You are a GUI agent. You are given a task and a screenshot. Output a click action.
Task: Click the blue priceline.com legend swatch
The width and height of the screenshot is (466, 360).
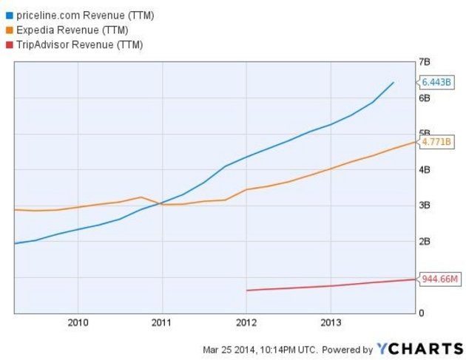coord(8,15)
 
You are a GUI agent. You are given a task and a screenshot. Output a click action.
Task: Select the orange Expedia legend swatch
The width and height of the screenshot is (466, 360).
coord(8,30)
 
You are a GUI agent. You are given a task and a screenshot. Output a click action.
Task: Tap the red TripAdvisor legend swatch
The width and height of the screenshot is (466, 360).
coord(8,44)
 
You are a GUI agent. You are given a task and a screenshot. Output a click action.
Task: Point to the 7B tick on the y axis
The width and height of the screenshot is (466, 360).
coord(425,62)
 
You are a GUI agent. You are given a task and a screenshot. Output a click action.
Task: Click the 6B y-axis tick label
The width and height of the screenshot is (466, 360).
coord(425,98)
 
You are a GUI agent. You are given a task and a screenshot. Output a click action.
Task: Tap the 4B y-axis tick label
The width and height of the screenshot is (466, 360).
coord(425,170)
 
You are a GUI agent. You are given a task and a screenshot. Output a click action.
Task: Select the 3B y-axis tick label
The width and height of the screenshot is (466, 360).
coord(425,206)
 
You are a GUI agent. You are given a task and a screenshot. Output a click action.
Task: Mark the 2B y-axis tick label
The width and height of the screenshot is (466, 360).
coord(425,242)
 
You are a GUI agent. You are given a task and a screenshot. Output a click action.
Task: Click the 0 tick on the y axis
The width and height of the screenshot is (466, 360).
coord(422,313)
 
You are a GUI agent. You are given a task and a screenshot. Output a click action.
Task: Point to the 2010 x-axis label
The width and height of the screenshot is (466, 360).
coord(78,323)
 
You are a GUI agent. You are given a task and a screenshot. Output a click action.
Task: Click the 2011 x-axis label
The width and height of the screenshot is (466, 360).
coord(162,323)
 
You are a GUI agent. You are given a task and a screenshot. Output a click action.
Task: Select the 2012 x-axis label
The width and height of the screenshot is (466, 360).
coord(246,323)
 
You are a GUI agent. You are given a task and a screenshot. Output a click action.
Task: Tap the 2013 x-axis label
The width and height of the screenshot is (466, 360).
coord(331,323)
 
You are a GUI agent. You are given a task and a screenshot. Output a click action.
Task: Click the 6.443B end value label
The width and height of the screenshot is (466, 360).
coord(436,82)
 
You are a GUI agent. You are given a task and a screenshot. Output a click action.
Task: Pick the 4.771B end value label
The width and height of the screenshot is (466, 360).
coord(436,141)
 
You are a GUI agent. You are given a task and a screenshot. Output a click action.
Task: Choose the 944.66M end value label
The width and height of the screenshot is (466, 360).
coord(438,279)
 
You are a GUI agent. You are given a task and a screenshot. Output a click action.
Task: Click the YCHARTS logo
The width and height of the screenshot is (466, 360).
coord(417,349)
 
